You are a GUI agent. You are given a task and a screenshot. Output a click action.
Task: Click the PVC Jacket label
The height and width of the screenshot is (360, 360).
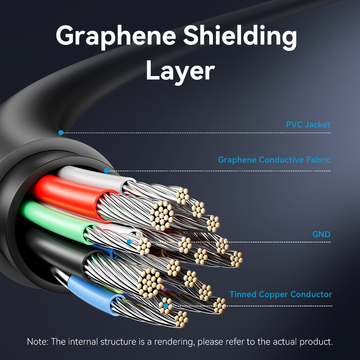pyautogui.click(x=308, y=124)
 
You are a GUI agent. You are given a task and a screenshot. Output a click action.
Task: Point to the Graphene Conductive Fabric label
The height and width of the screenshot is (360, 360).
pyautogui.click(x=274, y=160)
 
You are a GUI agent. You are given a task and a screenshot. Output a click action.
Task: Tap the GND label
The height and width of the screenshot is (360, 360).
pyautogui.click(x=321, y=234)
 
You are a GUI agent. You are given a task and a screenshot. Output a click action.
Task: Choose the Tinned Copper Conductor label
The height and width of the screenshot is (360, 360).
pyautogui.click(x=281, y=295)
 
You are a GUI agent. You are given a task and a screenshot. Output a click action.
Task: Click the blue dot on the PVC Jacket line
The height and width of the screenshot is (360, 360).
pyautogui.click(x=61, y=133)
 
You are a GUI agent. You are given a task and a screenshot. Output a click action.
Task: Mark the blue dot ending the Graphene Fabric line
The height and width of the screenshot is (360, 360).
pyautogui.click(x=106, y=171)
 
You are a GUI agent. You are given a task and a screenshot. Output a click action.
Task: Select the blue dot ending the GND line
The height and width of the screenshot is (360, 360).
pyautogui.click(x=129, y=242)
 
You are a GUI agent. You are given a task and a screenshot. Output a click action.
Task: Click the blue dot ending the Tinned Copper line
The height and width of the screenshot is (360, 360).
pyautogui.click(x=166, y=306)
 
